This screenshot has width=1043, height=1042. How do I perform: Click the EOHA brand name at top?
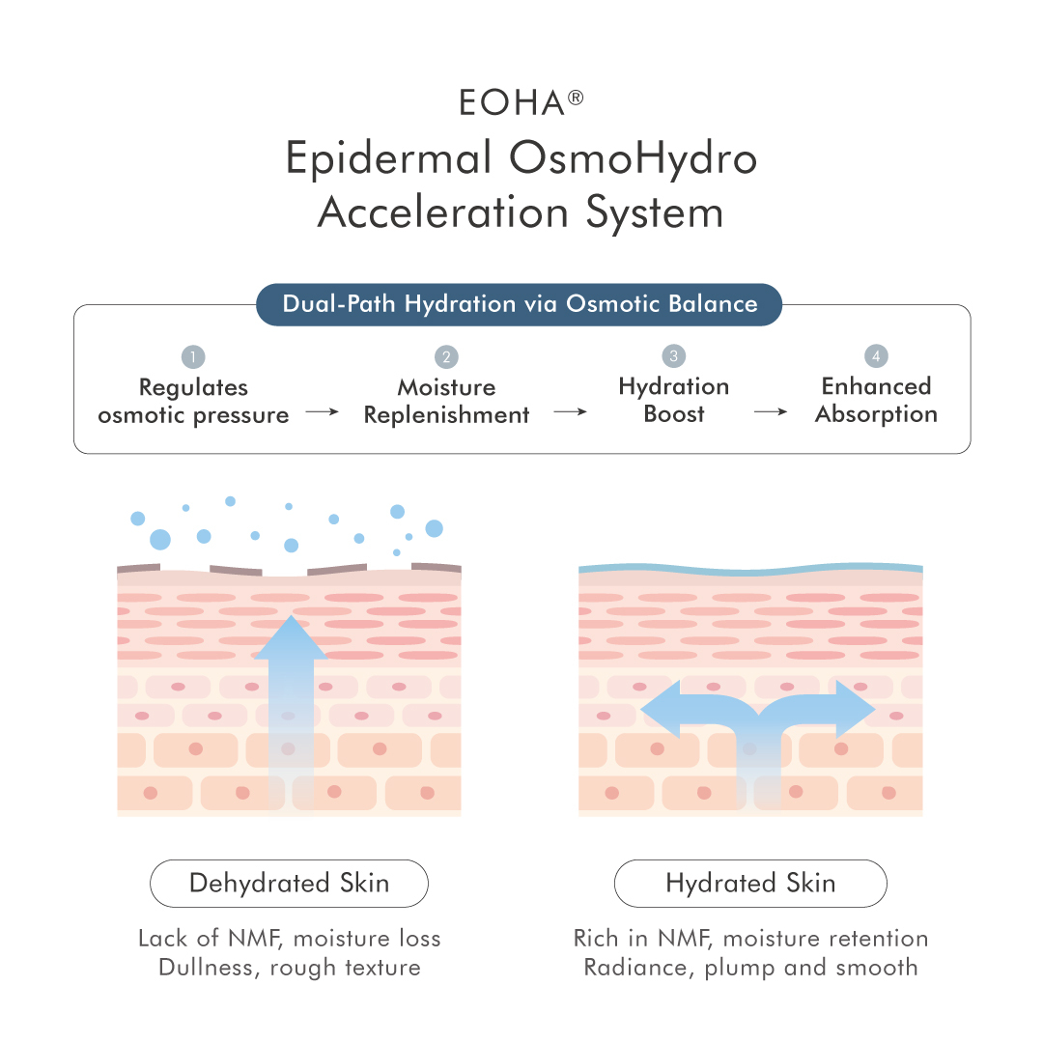(511, 103)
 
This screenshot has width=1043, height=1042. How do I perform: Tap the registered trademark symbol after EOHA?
(577, 96)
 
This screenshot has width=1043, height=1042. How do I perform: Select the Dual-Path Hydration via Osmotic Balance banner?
(520, 304)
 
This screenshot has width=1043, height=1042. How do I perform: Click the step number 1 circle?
(193, 357)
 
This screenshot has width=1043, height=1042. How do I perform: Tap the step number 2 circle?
(446, 357)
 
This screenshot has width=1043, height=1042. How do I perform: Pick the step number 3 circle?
(674, 356)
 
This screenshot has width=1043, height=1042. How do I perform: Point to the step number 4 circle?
(876, 356)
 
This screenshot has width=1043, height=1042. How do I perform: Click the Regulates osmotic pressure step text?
(193, 401)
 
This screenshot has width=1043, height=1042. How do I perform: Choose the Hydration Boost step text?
(674, 400)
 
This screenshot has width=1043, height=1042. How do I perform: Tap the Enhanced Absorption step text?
(876, 400)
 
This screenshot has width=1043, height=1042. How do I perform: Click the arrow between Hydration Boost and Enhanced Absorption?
(771, 411)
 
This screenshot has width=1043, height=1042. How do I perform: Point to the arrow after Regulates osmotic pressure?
(323, 412)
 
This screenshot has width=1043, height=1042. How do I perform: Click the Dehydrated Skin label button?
(289, 884)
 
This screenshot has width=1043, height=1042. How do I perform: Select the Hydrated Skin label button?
(750, 884)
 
